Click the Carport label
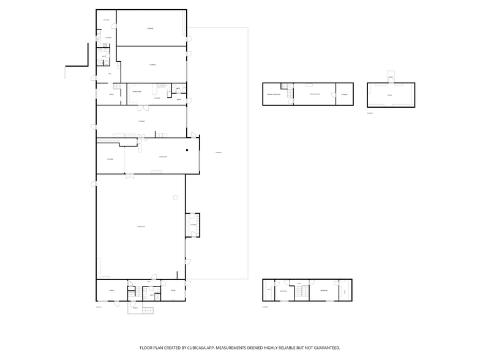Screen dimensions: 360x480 (218, 152)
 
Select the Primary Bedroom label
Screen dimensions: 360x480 (273, 94)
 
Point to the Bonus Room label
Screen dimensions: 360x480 (315, 94)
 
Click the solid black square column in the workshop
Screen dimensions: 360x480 (189, 149)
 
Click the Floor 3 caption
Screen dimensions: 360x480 (370, 113)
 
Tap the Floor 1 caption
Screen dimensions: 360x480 (99, 306)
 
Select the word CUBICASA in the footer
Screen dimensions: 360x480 (194, 347)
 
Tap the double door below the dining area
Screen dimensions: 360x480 (142, 108)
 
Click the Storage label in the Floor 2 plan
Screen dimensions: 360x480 (344, 94)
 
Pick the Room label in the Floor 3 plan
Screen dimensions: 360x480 (389, 96)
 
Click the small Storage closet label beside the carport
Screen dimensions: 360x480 (192, 225)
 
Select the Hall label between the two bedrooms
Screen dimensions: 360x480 (299, 283)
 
